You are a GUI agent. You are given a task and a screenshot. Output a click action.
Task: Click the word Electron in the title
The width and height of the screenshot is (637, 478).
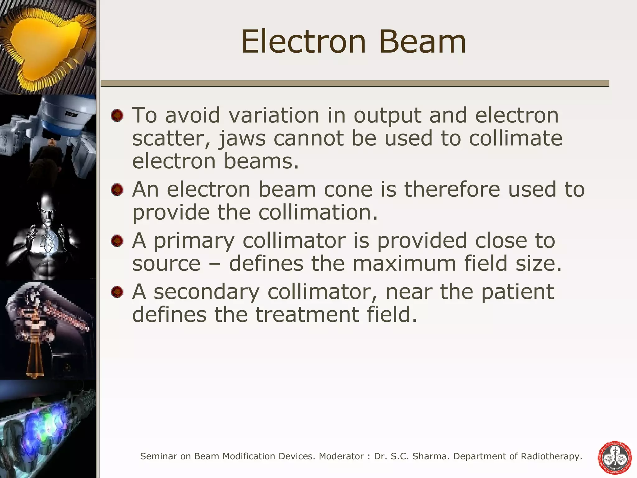(303, 42)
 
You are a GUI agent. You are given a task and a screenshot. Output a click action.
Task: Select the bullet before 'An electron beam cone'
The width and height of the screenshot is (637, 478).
(117, 190)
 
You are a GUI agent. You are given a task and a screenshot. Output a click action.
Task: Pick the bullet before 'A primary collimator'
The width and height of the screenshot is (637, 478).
(117, 241)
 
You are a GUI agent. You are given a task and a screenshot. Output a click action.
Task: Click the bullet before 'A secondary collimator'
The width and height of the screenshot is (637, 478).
(117, 292)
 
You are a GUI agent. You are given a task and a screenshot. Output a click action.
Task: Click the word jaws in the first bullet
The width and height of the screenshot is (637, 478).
(242, 139)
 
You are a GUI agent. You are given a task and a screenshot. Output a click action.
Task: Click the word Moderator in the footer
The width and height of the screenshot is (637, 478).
(341, 456)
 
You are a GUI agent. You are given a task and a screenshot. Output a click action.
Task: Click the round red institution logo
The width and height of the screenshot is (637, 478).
(615, 458)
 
